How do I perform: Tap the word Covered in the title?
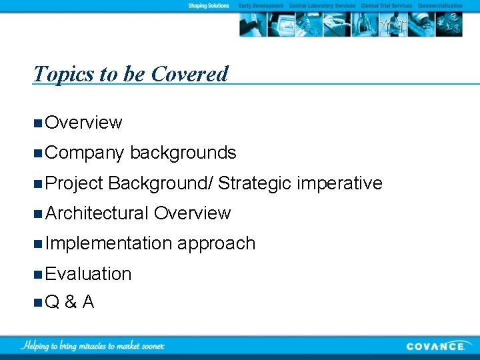(189, 73)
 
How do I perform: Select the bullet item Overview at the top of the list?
(84, 123)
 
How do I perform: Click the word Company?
(85, 153)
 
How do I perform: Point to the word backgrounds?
(183, 153)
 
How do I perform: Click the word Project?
(75, 183)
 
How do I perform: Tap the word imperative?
(340, 183)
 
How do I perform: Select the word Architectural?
(97, 213)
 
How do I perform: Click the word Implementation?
(109, 243)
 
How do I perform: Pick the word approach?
(217, 243)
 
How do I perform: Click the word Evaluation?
(89, 273)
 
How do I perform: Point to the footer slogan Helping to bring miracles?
(93, 345)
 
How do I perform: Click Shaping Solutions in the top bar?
(208, 5)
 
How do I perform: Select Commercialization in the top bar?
(440, 5)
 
